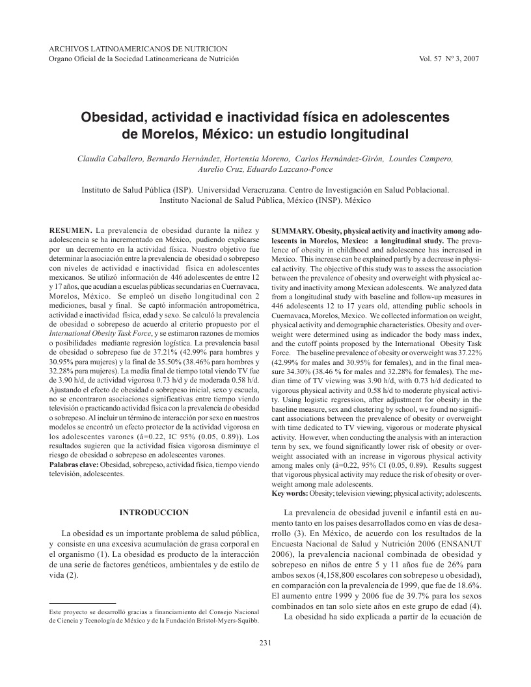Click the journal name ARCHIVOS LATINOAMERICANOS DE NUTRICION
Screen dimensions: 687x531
tap(139, 49)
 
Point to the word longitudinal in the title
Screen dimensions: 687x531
tap(366, 135)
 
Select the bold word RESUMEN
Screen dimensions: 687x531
tap(71, 230)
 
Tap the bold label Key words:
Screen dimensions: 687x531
tap(290, 494)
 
